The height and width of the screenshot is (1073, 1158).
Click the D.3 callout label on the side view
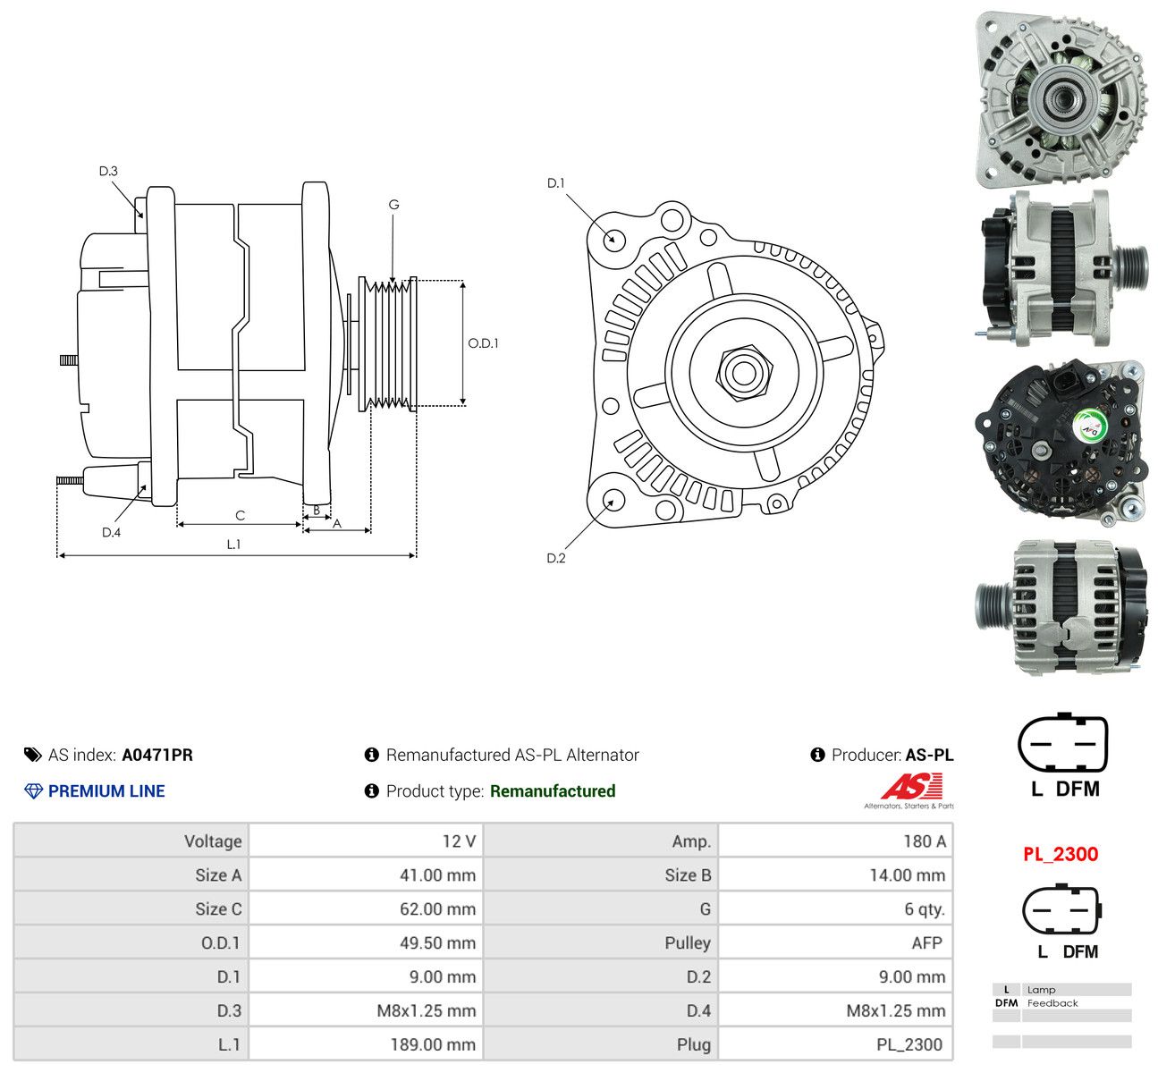pos(108,171)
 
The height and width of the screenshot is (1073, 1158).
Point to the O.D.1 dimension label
pos(483,342)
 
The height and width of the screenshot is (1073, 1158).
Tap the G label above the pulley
pos(393,205)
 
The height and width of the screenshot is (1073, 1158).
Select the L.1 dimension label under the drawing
pos(233,544)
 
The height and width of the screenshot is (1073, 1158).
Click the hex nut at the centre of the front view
pos(743,373)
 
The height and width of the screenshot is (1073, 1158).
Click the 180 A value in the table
pos(925,841)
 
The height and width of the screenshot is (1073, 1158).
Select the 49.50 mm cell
pos(437,943)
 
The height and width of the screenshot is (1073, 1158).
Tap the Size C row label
pos(218,909)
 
